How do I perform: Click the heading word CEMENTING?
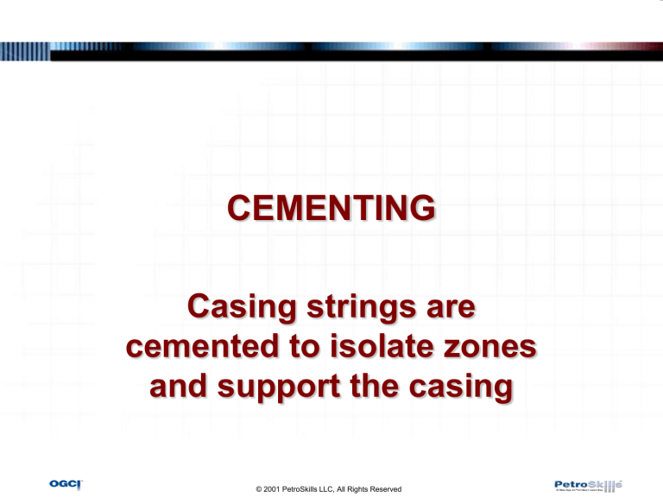(x=331, y=209)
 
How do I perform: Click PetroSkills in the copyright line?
(x=311, y=489)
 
